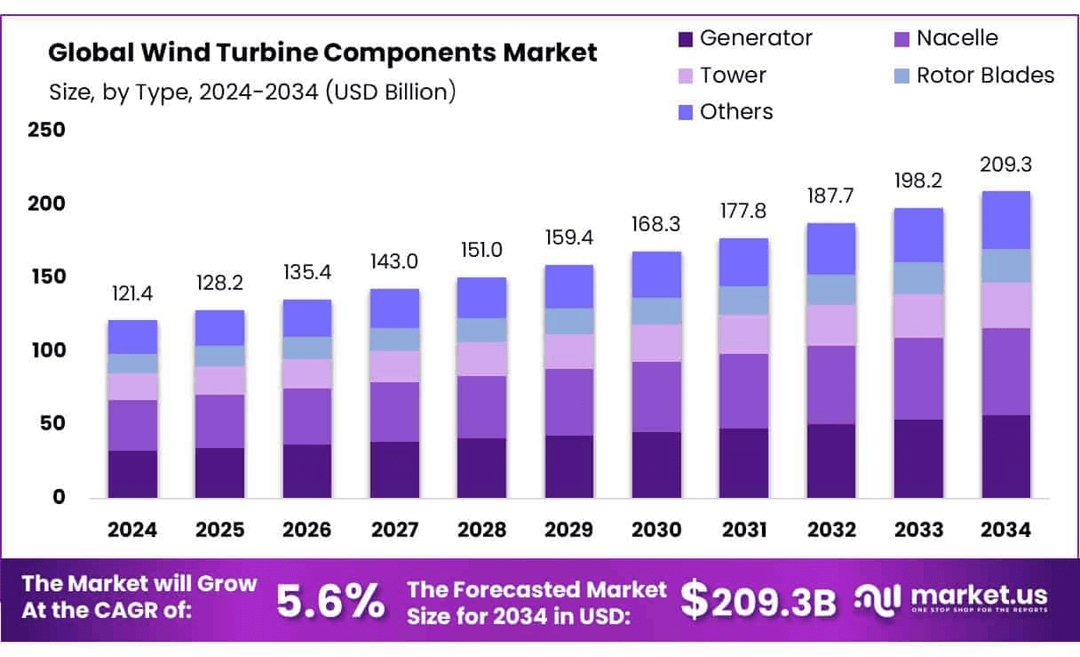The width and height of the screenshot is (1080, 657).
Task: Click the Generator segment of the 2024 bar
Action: [132, 474]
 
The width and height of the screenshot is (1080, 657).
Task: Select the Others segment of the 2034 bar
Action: [1006, 220]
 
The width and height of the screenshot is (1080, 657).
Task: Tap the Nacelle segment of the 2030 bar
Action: [656, 397]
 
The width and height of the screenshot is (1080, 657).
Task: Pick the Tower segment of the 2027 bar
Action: [394, 366]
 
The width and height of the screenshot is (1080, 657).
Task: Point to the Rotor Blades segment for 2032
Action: [831, 290]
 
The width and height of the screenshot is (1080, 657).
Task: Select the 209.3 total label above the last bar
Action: [1006, 165]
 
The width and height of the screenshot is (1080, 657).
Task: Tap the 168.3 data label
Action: [656, 225]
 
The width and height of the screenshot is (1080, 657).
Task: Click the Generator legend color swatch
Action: [685, 39]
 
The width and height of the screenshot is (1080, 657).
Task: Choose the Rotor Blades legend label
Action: [985, 76]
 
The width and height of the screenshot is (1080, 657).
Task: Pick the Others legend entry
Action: [735, 112]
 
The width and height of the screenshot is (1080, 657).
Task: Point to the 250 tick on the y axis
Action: [48, 131]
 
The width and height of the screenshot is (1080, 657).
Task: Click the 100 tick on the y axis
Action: [48, 350]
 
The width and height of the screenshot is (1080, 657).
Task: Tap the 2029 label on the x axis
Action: [569, 531]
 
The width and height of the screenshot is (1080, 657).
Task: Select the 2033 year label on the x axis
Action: [918, 531]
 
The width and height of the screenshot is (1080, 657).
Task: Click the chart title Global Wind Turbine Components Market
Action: [322, 53]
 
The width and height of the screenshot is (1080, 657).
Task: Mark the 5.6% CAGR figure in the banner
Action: [330, 602]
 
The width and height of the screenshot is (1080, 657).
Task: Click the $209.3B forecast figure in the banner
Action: [758, 600]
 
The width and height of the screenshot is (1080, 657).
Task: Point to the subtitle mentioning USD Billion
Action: [252, 92]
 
